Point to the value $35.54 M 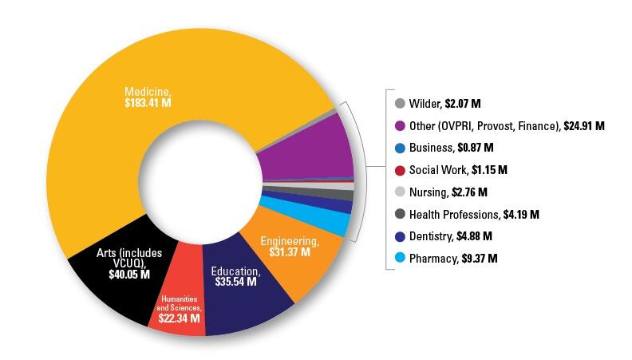click(x=235, y=282)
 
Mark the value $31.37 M click(x=291, y=251)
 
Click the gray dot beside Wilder click(x=399, y=104)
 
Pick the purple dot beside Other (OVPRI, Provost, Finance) click(x=399, y=126)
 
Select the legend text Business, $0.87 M click(x=451, y=148)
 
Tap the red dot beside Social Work click(x=399, y=170)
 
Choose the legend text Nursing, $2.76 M click(x=448, y=192)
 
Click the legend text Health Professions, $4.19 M click(x=474, y=214)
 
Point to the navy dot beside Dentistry click(x=399, y=236)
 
